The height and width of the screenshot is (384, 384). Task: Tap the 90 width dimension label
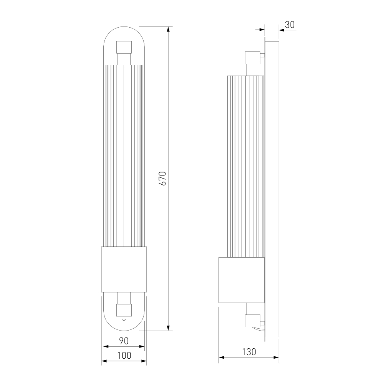pyautogui.click(x=124, y=341)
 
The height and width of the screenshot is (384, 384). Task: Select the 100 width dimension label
pyautogui.click(x=124, y=355)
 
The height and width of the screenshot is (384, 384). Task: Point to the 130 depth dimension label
pyautogui.click(x=249, y=352)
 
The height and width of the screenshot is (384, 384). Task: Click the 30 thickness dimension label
pyautogui.click(x=290, y=25)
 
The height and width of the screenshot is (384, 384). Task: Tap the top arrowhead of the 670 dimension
pyautogui.click(x=168, y=29)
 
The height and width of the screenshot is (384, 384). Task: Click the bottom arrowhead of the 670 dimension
pyautogui.click(x=168, y=328)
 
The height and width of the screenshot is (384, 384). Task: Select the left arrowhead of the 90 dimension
pyautogui.click(x=106, y=346)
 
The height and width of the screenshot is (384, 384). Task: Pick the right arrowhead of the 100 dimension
pyautogui.click(x=144, y=361)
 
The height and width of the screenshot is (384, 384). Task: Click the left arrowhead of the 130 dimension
pyautogui.click(x=222, y=358)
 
